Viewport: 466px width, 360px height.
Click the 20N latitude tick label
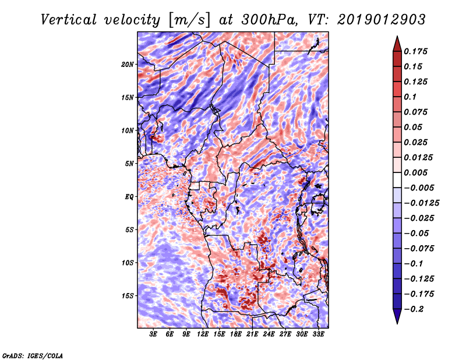tap(127, 64)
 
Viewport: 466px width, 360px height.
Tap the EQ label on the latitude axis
tap(129, 196)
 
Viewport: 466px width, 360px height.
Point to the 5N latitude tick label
tap(129, 164)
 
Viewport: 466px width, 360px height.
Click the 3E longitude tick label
tap(153, 334)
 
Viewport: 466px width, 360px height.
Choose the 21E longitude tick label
tap(252, 334)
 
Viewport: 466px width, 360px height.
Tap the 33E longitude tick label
tap(318, 334)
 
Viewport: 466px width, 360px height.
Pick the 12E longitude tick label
tap(203, 334)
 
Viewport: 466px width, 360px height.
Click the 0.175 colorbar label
tap(415, 51)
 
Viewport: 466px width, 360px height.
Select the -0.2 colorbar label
tap(414, 309)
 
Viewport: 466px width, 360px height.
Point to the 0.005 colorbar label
tap(415, 172)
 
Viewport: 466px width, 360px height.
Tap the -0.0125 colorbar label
tap(421, 203)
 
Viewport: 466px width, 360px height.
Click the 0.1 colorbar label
tap(410, 97)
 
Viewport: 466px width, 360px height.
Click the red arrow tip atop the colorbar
tap(397, 36)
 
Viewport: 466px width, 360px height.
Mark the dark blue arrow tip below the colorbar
tap(397, 323)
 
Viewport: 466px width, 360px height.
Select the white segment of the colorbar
tap(397, 180)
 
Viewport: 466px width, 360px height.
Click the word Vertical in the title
tap(68, 20)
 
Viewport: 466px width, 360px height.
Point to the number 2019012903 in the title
tap(381, 20)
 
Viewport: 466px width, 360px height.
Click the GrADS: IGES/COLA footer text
tap(33, 355)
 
